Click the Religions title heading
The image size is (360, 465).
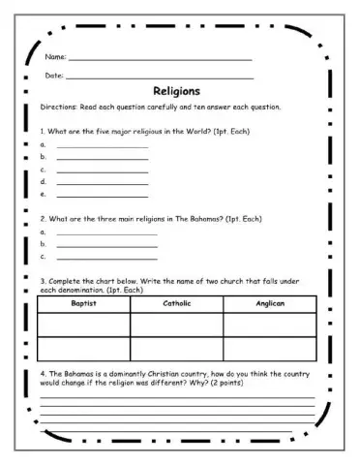177,91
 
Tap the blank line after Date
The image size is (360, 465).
160,77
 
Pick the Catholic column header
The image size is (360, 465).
177,303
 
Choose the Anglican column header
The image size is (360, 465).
269,303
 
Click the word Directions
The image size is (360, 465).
57,107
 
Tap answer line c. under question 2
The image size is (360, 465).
106,259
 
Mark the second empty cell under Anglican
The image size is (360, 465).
269,348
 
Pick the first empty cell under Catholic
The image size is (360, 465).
177,324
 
